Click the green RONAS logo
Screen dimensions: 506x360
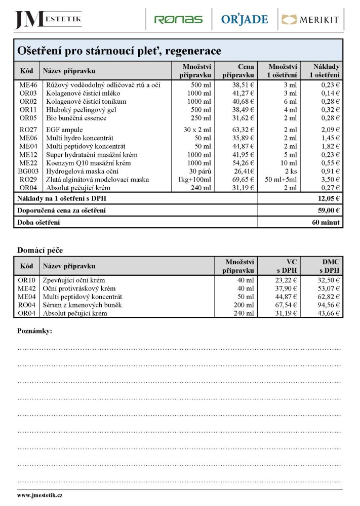click(178, 20)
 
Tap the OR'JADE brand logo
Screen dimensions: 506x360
click(245, 20)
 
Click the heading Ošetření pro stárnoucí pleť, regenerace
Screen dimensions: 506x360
click(119, 51)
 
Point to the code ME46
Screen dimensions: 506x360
click(28, 86)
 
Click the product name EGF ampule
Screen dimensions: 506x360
click(64, 130)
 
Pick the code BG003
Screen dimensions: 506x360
click(28, 171)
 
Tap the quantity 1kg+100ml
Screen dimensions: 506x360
click(194, 179)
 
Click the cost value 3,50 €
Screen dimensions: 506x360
click(330, 179)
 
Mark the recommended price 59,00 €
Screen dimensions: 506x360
click(328, 210)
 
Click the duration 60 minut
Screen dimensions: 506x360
click(326, 223)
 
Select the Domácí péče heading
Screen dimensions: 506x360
click(40, 250)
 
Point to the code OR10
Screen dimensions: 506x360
click(27, 280)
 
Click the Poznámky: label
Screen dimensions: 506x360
click(35, 331)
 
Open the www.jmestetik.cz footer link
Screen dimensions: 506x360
click(40, 495)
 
